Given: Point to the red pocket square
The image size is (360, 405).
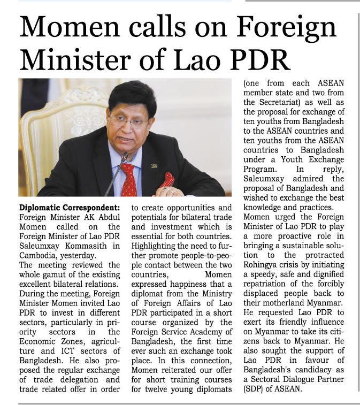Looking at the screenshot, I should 167,179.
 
